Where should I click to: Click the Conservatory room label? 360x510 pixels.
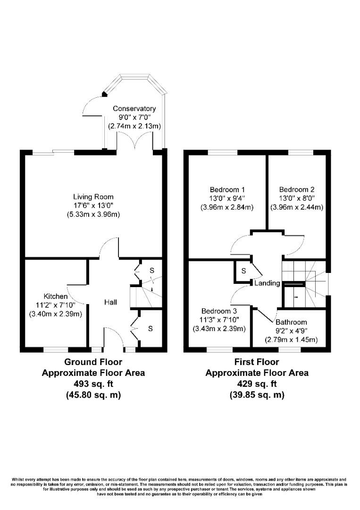[x=134, y=109]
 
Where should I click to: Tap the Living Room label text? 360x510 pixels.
[x=93, y=196]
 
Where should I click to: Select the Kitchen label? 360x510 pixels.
[x=55, y=296]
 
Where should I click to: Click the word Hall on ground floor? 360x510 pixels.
[x=110, y=302]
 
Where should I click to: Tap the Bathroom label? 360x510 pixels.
[x=291, y=322]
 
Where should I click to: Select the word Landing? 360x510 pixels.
[x=267, y=283]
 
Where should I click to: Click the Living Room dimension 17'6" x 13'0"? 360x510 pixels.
[x=93, y=205]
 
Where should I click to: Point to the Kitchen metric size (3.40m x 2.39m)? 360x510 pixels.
[x=55, y=314]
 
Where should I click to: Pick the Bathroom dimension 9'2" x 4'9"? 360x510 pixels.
[x=291, y=331]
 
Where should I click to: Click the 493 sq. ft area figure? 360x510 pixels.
[x=93, y=384]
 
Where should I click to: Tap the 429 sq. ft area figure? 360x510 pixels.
[x=257, y=384]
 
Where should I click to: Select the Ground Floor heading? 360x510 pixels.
[x=93, y=362]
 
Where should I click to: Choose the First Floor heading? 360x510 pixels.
[x=257, y=362]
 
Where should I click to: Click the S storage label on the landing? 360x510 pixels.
[x=243, y=271]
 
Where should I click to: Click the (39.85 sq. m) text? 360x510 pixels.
[x=257, y=395]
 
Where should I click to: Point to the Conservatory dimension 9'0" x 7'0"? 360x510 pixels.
[x=134, y=118]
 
